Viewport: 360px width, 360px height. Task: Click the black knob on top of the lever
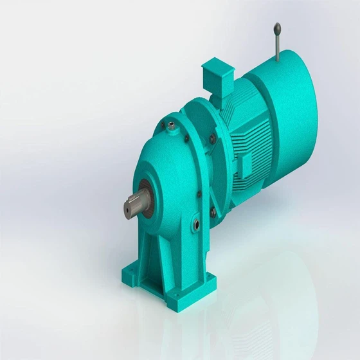click(x=276, y=28)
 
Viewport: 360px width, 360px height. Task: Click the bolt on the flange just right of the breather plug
click(x=190, y=139)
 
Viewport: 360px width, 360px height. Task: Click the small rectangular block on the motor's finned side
click(x=246, y=165)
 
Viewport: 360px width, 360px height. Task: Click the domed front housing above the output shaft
click(x=157, y=154)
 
